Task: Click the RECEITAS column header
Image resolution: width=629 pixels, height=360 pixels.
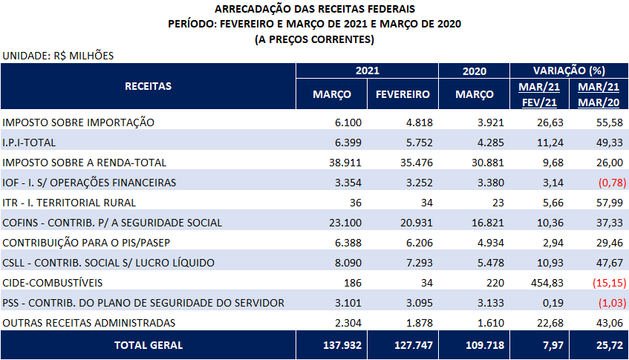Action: tap(148, 86)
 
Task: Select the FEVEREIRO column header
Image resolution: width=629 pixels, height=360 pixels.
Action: tap(403, 94)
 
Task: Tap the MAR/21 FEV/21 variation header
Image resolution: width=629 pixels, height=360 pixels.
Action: tap(539, 94)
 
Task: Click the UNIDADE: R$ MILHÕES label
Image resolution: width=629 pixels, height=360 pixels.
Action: tap(58, 56)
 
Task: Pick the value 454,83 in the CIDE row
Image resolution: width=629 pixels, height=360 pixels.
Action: tap(547, 283)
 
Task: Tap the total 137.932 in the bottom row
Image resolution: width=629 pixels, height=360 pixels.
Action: tap(342, 345)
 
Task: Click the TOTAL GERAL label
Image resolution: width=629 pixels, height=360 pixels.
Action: tap(149, 345)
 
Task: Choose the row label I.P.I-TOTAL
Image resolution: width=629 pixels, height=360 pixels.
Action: tap(29, 143)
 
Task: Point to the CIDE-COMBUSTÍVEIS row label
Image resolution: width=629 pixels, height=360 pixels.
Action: tap(53, 283)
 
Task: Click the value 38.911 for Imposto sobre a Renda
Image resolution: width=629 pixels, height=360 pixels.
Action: tap(345, 163)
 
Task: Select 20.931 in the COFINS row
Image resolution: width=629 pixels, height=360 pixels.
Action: tap(417, 223)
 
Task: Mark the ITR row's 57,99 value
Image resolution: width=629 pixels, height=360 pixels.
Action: tap(610, 203)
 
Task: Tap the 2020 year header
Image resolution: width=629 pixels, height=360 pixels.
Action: tap(474, 71)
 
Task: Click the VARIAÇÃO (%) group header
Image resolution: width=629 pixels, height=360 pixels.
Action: tap(569, 71)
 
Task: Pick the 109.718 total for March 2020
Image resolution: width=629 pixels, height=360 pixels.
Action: tap(485, 345)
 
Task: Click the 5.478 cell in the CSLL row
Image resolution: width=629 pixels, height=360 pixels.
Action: tap(491, 263)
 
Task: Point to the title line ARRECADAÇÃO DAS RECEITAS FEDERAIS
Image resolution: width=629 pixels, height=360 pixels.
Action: tap(315, 9)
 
